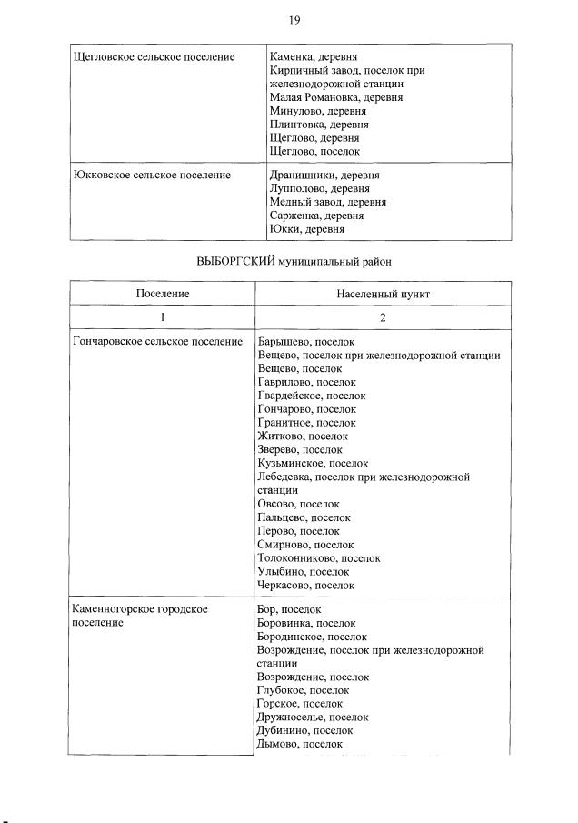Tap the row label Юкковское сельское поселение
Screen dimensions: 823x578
point(151,175)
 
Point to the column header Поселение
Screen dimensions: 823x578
point(163,294)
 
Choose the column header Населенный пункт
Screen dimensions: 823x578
point(383,294)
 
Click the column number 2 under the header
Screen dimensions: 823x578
point(383,317)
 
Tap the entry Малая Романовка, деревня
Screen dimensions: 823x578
point(336,97)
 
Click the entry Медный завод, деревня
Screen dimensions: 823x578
point(328,202)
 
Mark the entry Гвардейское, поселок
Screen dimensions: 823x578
point(312,396)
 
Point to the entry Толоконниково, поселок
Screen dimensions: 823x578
point(319,558)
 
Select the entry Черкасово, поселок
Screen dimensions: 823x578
point(306,586)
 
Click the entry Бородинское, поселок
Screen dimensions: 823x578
point(313,637)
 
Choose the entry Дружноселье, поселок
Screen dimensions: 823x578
point(313,717)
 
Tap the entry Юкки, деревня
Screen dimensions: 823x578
point(307,229)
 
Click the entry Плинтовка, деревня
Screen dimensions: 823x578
point(319,125)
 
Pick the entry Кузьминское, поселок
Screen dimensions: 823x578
point(314,463)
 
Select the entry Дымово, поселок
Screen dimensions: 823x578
point(300,744)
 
